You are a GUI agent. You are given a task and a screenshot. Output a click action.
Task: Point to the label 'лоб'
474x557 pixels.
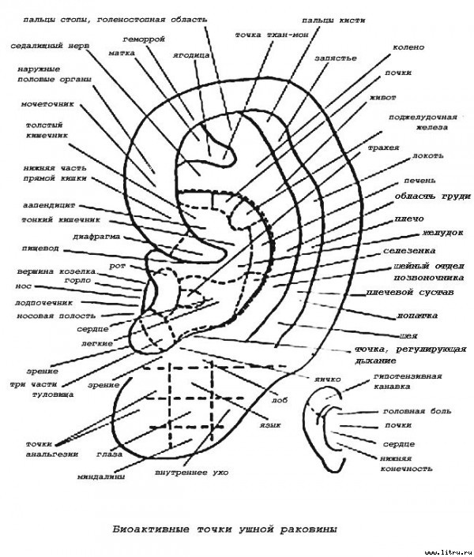(x=280, y=400)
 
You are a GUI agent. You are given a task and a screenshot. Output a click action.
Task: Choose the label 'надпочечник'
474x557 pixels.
(x=44, y=301)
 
